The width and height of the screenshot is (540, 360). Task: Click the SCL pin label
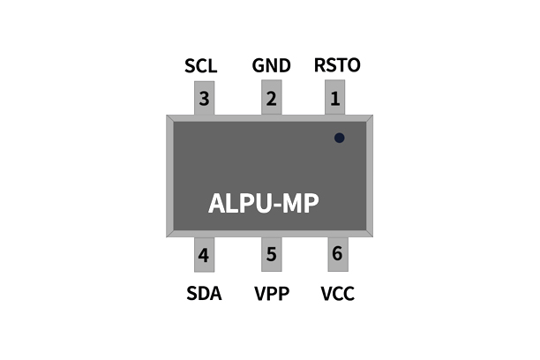[x=201, y=66]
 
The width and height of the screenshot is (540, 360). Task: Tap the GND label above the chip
[x=270, y=66]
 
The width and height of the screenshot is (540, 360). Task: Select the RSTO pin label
[x=337, y=66]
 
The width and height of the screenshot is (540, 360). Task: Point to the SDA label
[x=203, y=293]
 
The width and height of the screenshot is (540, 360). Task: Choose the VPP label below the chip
[x=271, y=293]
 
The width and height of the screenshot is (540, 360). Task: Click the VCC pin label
[x=337, y=293]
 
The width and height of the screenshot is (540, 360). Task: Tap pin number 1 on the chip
[x=334, y=99]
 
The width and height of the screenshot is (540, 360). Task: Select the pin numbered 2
[x=271, y=99]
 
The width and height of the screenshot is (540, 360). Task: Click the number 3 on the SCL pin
[x=204, y=99]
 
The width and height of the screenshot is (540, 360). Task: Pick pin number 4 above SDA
[x=204, y=256]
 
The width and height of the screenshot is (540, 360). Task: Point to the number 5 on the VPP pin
[x=271, y=255]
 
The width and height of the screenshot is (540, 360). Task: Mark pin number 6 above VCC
[x=336, y=254]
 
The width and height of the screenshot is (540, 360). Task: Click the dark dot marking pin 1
[x=339, y=138]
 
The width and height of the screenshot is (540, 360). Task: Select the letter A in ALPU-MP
[x=218, y=203]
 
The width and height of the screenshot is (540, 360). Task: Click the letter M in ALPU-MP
[x=293, y=203]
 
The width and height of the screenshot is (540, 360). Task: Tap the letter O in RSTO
[x=353, y=66]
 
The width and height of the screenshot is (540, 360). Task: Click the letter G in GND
[x=258, y=66]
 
